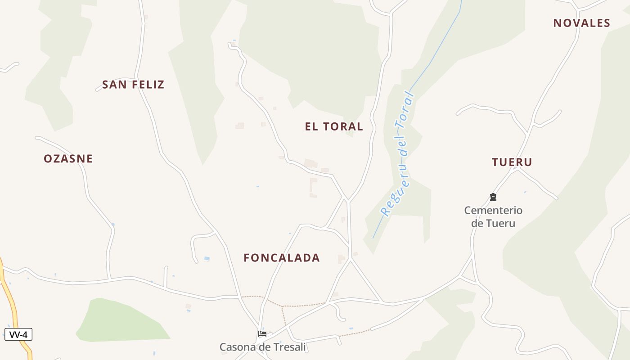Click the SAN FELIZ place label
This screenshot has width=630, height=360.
pos(133,85)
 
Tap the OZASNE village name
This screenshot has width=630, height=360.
pos(68,159)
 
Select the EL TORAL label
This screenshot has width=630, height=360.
pos(334,127)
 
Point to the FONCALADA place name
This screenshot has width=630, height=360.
pos(282,258)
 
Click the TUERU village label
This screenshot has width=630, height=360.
pos(512,162)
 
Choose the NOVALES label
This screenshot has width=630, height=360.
pos(581,23)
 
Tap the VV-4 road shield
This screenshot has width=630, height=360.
pos(18,335)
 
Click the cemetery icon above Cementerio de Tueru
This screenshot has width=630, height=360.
pos(493,197)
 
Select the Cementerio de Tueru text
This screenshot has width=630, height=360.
pos(493,216)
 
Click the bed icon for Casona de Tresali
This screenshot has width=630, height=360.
pos(262,334)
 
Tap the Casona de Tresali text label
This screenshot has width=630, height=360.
pos(262,347)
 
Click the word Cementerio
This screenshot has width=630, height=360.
pos(493,210)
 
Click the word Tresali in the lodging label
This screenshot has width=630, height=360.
pos(288,347)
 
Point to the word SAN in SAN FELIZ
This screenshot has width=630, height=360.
pos(112,85)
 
